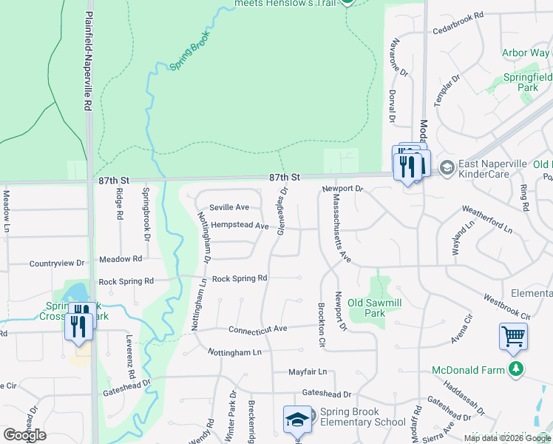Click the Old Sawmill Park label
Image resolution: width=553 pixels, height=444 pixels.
[377, 308]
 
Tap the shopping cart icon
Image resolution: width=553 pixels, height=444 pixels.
[513, 337]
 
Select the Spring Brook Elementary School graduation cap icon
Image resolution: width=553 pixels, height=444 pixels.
[297, 419]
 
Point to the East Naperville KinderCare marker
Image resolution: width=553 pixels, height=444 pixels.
[447, 168]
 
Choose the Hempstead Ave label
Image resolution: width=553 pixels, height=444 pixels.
[239, 225]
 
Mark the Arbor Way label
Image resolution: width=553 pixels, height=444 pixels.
[526, 53]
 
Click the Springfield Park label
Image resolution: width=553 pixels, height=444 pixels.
[527, 81]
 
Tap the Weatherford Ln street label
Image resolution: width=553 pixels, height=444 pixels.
[487, 220]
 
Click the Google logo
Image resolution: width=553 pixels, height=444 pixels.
[24, 434]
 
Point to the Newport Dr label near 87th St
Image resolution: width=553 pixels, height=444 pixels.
[343, 189]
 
